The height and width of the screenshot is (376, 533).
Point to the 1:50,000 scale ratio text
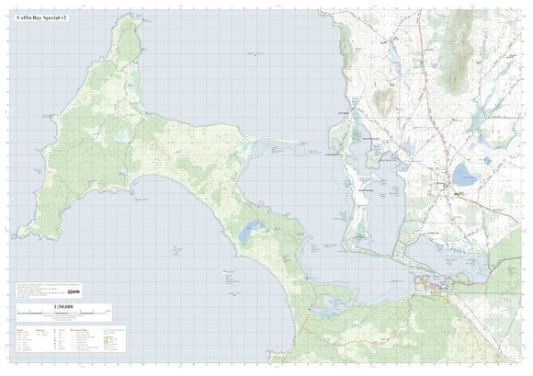pos(63,306)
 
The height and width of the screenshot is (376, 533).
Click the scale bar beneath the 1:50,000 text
pos(63,313)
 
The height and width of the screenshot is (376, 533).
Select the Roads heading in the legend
pos(22,326)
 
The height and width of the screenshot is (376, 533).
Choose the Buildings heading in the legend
pos(40,326)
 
